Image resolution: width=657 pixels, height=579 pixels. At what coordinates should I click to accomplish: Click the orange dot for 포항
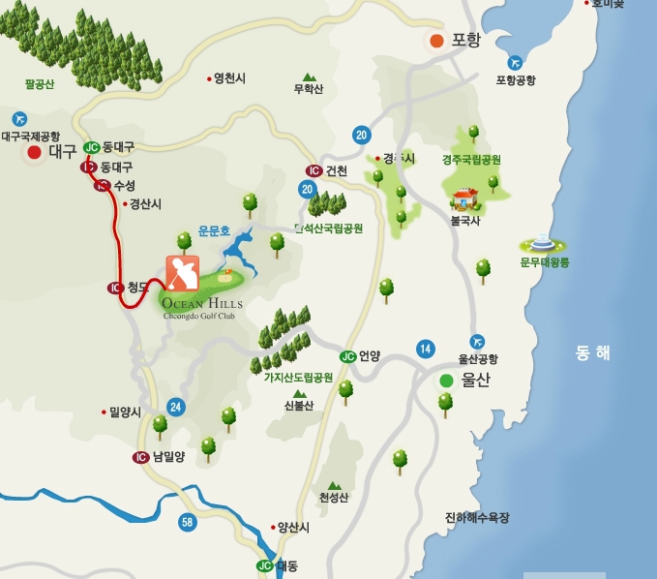436,41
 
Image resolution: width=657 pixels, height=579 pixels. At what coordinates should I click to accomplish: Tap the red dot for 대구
35,152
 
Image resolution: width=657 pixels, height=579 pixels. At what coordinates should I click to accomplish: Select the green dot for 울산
446,381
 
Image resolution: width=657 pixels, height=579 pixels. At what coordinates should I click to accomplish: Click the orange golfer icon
182,273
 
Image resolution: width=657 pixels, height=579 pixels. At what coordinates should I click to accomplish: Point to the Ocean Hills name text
202,302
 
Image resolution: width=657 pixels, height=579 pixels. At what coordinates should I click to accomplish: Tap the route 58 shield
188,523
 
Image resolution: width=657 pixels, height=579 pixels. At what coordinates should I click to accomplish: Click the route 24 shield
175,407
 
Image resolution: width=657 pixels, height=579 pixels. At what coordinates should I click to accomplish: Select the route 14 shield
426,349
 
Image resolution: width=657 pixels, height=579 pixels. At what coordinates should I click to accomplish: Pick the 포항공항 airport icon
515,63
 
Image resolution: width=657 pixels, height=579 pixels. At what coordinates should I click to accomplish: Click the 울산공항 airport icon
477,342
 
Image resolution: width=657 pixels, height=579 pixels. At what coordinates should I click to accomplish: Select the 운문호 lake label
214,231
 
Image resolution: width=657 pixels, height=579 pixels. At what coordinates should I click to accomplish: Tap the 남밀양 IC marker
141,457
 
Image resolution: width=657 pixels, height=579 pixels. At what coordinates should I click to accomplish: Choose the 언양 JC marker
347,356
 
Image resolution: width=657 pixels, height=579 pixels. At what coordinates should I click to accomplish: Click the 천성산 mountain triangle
334,485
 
